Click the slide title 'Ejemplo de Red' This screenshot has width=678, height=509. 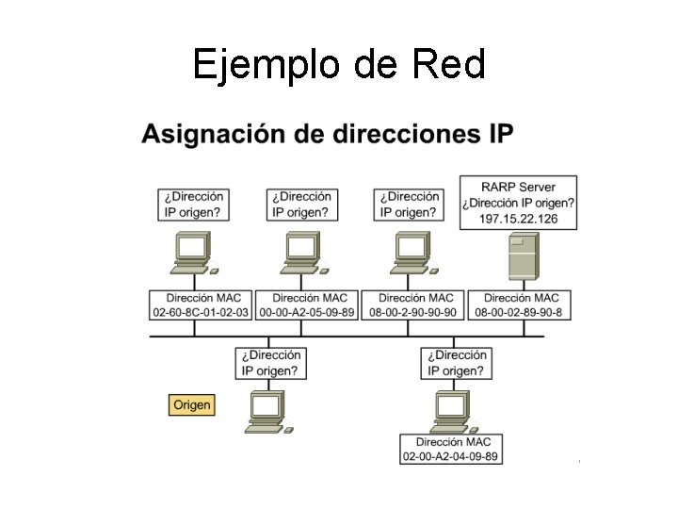click(339, 64)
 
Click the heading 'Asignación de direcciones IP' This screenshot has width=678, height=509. click(328, 134)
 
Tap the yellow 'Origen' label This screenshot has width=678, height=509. click(191, 404)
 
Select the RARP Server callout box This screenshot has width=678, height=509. click(518, 203)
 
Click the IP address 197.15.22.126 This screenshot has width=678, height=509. click(518, 219)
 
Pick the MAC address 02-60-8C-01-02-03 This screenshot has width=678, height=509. click(201, 312)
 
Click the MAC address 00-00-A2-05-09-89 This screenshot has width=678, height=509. click(307, 312)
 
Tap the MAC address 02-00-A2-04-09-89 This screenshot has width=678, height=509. click(450, 456)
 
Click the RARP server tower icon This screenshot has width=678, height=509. click(524, 256)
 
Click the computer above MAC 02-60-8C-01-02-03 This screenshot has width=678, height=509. click(193, 253)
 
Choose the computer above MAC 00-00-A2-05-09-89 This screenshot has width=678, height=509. click(302, 253)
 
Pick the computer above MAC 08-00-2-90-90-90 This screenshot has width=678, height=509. click(411, 253)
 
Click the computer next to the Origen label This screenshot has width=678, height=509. click(269, 412)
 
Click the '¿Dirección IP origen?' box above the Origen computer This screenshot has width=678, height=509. click(271, 363)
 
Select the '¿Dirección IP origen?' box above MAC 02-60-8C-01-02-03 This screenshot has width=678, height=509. click(194, 205)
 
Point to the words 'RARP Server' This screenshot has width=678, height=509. click(518, 187)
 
